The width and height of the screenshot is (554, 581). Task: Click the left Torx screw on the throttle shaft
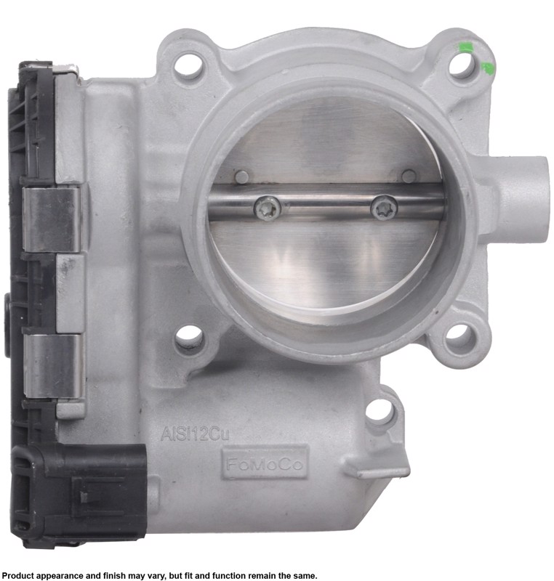click(268, 208)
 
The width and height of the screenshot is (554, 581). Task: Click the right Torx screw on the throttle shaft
click(384, 208)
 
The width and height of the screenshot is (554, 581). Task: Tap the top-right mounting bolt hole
click(462, 64)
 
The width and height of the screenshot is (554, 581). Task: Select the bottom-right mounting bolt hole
click(459, 337)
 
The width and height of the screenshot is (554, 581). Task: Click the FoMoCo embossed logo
click(265, 463)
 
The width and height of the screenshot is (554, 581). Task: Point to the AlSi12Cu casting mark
click(195, 434)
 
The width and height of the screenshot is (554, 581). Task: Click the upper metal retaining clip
click(51, 219)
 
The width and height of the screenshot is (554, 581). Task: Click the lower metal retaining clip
click(52, 367)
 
